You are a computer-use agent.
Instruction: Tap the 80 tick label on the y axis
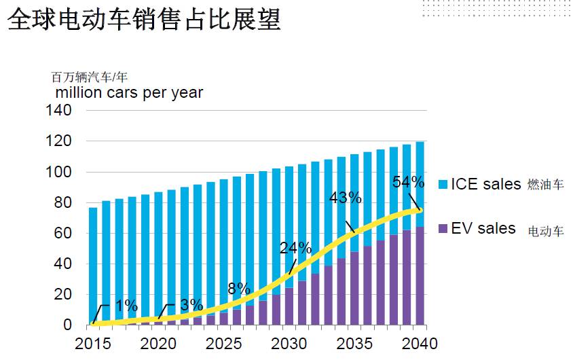62,202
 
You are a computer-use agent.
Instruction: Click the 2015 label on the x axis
92,343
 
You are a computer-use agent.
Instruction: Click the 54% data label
408,182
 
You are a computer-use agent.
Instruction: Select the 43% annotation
345,198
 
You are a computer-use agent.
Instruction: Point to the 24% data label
295,247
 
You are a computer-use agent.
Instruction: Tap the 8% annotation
239,287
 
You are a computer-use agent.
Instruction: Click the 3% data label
191,304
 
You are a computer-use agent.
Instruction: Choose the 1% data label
126,305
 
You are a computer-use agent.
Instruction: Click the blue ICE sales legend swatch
441,184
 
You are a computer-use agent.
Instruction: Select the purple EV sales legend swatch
441,229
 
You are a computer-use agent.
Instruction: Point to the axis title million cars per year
129,92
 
